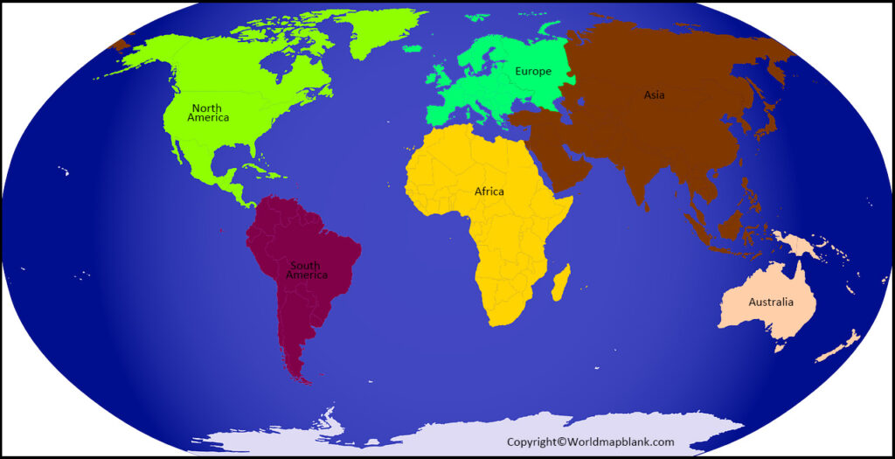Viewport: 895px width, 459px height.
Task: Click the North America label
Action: pyautogui.click(x=208, y=113)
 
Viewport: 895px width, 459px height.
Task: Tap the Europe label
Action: pyautogui.click(x=533, y=71)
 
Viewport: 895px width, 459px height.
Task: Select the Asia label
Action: pyautogui.click(x=654, y=94)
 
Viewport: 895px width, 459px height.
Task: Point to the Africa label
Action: pyautogui.click(x=489, y=191)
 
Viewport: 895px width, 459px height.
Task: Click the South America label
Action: pyautogui.click(x=306, y=269)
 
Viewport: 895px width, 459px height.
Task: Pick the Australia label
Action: pyautogui.click(x=771, y=303)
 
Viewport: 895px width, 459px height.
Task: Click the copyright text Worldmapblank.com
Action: pyautogui.click(x=590, y=442)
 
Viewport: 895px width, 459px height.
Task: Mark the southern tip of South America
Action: pyautogui.click(x=302, y=379)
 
